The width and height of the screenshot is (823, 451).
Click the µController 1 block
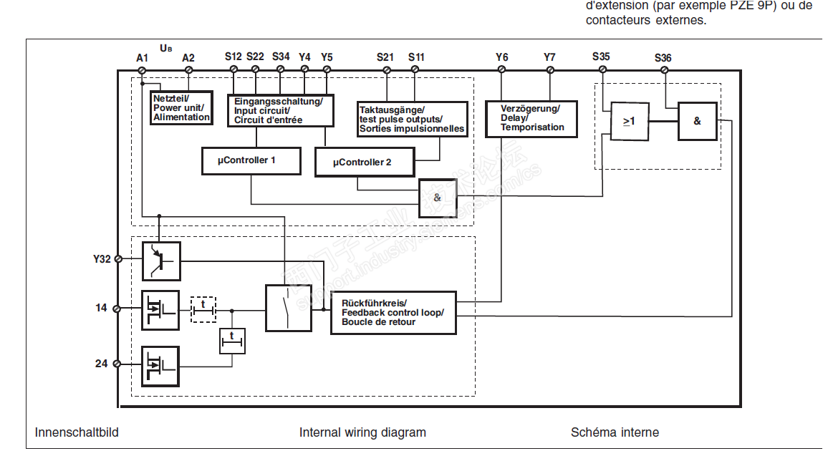[250, 161]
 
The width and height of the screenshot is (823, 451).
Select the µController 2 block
[365, 162]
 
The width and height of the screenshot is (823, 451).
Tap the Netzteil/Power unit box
[182, 107]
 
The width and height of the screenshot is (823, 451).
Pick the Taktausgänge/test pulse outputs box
[412, 119]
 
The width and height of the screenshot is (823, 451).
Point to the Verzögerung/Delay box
[531, 118]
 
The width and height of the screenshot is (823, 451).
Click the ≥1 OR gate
[629, 122]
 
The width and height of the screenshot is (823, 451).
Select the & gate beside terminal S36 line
[697, 121]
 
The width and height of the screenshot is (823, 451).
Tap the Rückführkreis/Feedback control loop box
[393, 313]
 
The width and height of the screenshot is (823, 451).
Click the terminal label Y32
[102, 259]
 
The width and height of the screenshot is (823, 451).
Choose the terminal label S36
[663, 57]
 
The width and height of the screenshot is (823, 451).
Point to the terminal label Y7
[549, 57]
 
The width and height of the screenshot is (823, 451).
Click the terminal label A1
[142, 57]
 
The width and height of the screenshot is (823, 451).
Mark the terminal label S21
[385, 57]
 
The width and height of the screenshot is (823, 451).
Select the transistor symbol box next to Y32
[161, 261]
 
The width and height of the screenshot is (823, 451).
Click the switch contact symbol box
[289, 308]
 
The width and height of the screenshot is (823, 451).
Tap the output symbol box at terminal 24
[160, 366]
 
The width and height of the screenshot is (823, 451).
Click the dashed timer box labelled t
[203, 309]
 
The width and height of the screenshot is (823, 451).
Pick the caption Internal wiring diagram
[362, 432]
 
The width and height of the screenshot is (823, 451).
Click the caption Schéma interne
[615, 432]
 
